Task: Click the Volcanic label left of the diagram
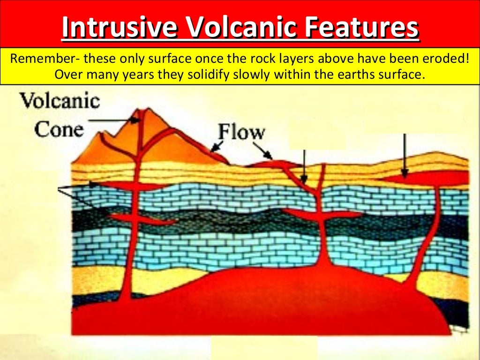(60, 101)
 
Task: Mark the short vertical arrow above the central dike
(304, 166)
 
